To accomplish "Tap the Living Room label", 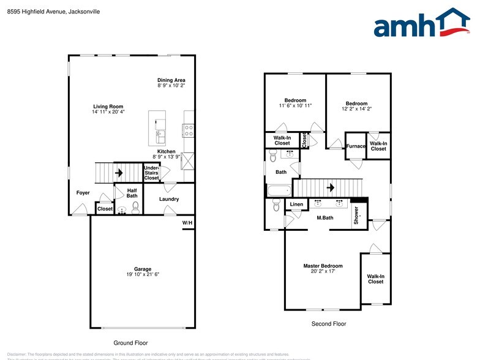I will pos(108,107).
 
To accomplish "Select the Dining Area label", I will pos(171,80).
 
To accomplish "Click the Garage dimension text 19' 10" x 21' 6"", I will pos(143,274).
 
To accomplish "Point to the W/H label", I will pos(187,222).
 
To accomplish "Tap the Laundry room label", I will pos(168,199).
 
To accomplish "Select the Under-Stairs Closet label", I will pos(151,173).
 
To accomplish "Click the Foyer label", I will pos(83,193).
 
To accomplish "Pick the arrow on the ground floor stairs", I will pos(119,173).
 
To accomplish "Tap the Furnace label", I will pos(355,146).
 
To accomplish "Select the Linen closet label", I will pos(296,204).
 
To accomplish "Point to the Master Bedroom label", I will pos(323,266).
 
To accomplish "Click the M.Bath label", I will pos(324,218).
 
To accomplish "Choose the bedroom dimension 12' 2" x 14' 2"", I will pos(356,109).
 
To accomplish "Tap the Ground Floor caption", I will pos(130,343).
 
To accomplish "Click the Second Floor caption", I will pos(329,324).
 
